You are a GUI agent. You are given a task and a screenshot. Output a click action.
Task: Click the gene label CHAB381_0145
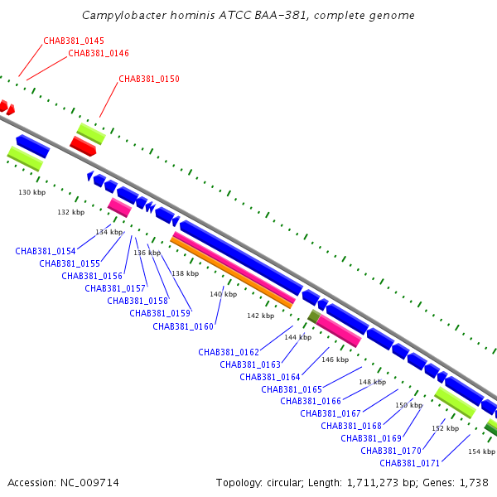[74, 41]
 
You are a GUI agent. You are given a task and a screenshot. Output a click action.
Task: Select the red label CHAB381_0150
[149, 80]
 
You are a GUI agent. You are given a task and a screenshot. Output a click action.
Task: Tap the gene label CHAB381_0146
[99, 53]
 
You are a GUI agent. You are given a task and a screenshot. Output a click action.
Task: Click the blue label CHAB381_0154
[46, 251]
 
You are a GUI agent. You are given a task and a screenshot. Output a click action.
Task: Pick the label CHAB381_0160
[183, 326]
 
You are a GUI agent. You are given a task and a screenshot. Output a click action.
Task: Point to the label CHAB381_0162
[229, 352]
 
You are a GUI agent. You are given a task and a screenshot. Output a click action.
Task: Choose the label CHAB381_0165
[292, 389]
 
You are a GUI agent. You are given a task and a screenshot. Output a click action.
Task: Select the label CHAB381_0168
[351, 426]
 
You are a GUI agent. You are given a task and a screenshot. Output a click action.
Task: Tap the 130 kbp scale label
[32, 192]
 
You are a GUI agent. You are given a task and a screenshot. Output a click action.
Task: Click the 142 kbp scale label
[260, 316]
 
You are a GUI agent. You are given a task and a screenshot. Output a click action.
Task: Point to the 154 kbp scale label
[481, 451]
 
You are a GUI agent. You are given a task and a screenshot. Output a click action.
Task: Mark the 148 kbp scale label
[372, 382]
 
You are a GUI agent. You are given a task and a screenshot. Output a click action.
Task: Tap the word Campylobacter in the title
[123, 16]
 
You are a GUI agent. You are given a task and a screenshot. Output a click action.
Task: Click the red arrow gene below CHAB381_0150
[83, 147]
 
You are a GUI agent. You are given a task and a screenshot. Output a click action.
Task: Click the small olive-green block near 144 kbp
[313, 316]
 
